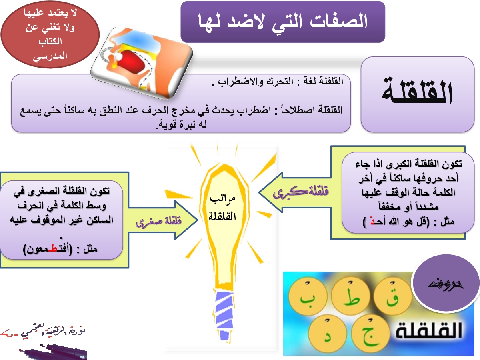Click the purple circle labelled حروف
[x=445, y=284]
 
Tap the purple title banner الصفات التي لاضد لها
[x=283, y=22]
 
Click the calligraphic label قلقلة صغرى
[x=158, y=222]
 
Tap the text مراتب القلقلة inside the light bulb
[x=222, y=207]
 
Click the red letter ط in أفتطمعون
[x=52, y=249]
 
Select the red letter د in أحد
[x=372, y=222]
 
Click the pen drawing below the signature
[x=54, y=350]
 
